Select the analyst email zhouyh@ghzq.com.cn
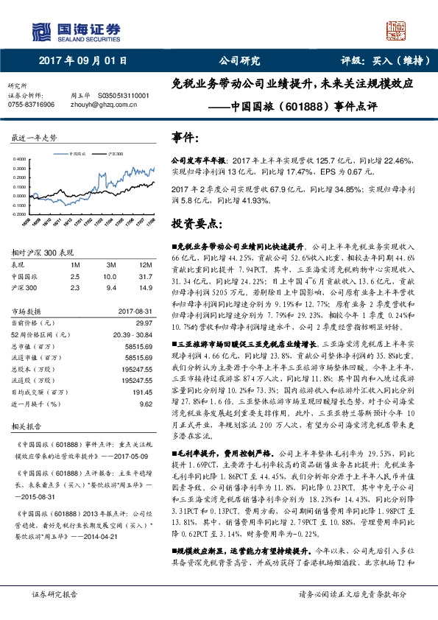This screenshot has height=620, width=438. click(101, 105)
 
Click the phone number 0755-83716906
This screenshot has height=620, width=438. click(31, 105)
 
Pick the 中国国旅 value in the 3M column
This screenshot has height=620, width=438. click(110, 275)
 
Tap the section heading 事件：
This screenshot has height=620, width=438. click(185, 138)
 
